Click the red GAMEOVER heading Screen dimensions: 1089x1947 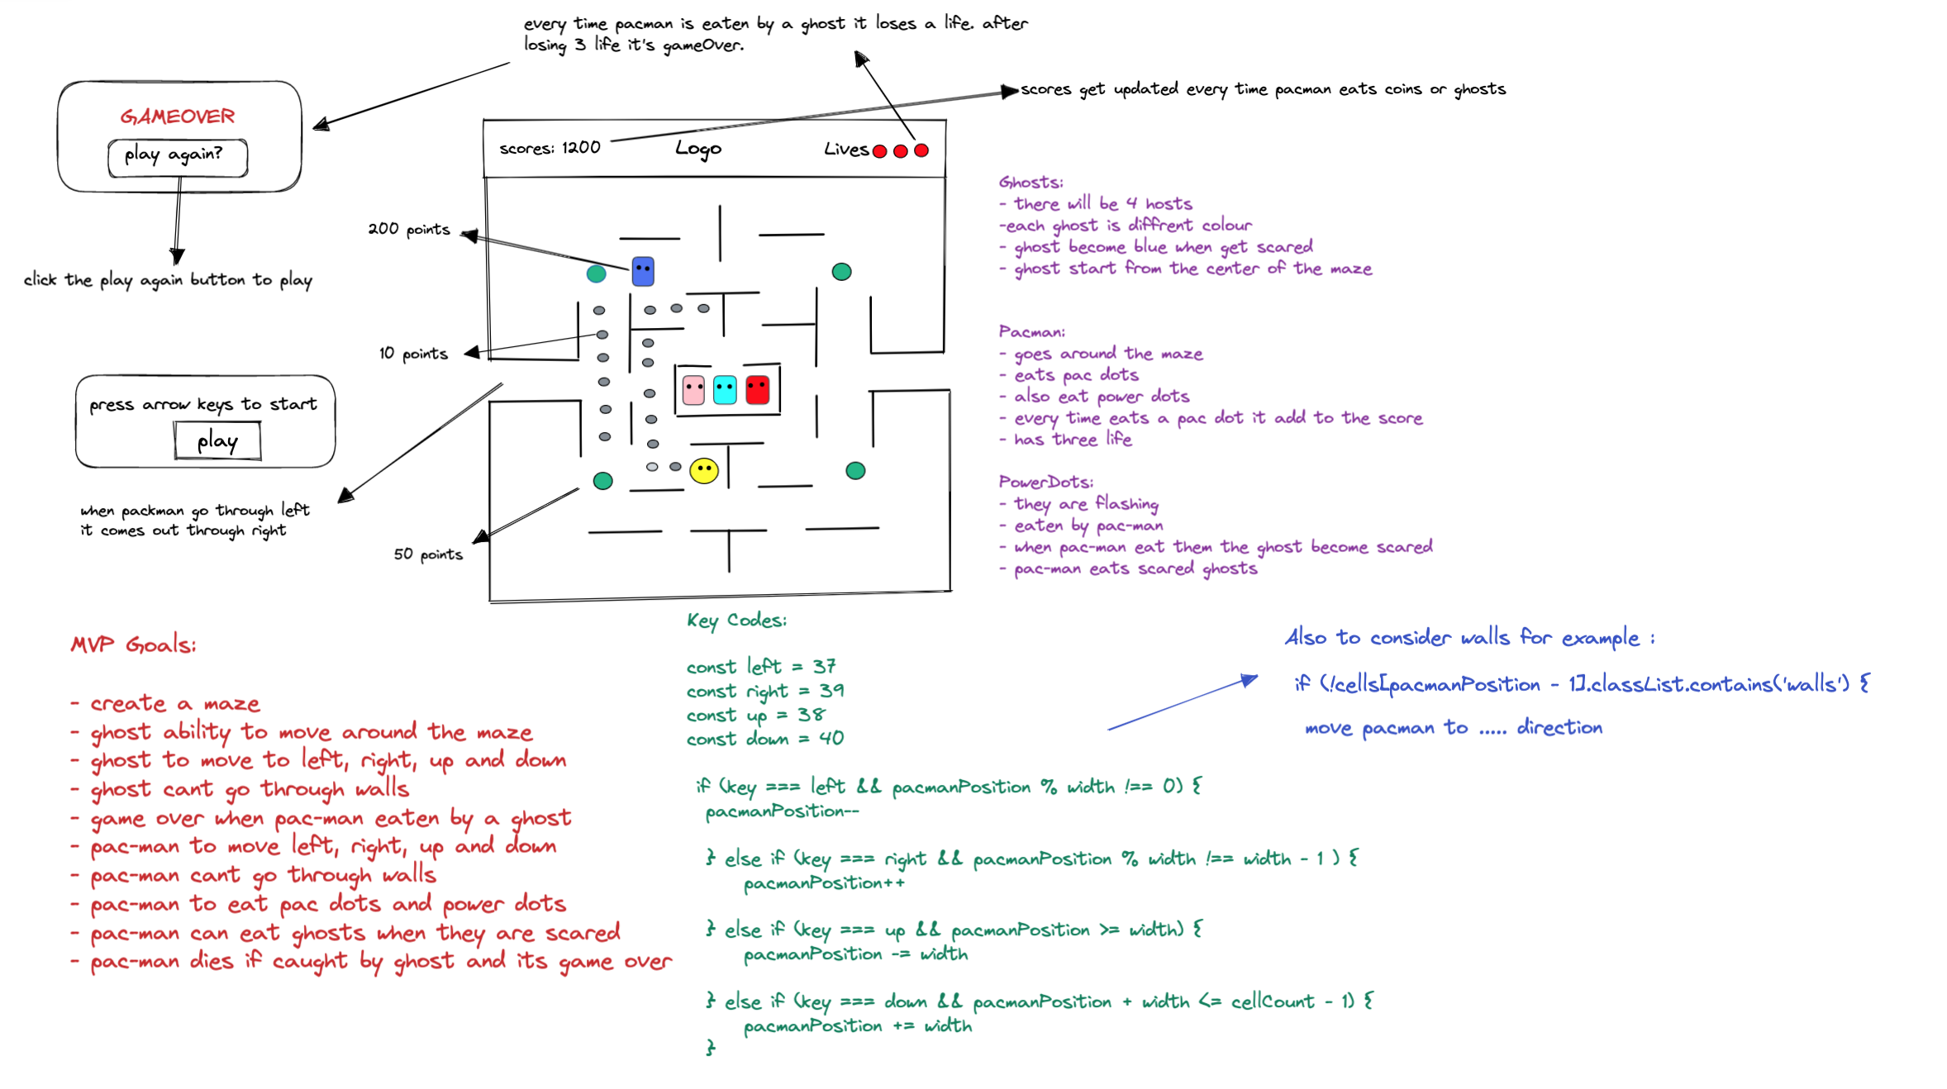(x=178, y=117)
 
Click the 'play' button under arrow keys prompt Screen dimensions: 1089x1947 (x=217, y=441)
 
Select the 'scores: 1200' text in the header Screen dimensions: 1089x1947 (x=550, y=148)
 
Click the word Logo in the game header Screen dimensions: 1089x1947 (x=698, y=149)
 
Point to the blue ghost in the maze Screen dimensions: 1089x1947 (x=643, y=271)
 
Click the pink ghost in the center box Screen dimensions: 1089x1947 (x=694, y=389)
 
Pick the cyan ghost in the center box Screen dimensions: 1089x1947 (x=725, y=389)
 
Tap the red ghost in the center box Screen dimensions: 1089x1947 (x=757, y=389)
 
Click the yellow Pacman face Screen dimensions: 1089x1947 (x=704, y=471)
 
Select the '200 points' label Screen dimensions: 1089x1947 (x=409, y=229)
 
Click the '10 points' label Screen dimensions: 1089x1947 (x=413, y=354)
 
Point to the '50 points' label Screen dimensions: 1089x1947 (x=428, y=554)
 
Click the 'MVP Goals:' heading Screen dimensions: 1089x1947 (x=134, y=645)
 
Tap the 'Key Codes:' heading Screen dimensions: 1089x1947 (x=736, y=621)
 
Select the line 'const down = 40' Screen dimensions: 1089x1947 (x=764, y=739)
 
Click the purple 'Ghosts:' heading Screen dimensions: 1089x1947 (x=1031, y=183)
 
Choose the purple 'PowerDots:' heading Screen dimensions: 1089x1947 (x=1045, y=482)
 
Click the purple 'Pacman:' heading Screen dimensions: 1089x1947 (x=1031, y=332)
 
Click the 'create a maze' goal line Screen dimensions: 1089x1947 (x=175, y=704)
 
